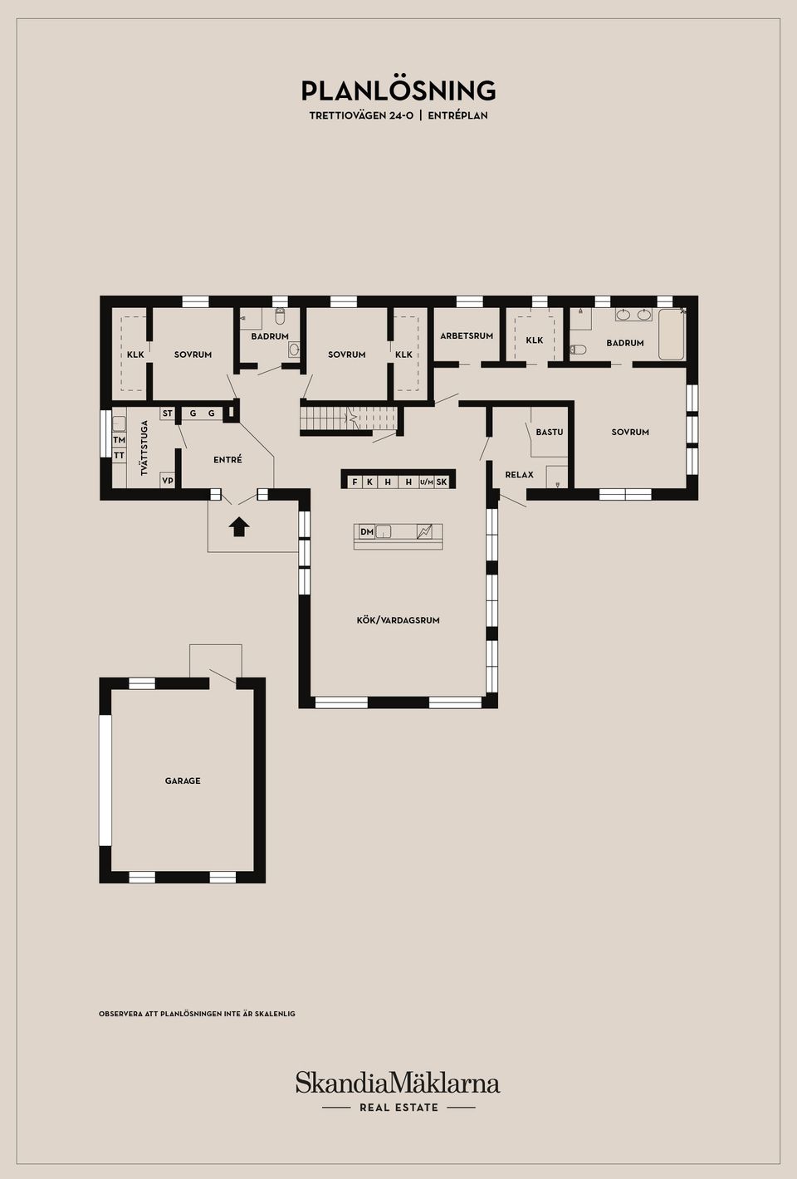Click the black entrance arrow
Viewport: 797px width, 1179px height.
[x=239, y=526]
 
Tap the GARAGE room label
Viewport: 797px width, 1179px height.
[x=183, y=780]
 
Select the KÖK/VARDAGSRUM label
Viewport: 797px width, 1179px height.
[x=398, y=620]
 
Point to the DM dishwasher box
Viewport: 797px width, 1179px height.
[x=367, y=531]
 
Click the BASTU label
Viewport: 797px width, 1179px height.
[x=549, y=432]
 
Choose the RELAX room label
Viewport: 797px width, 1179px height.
[x=519, y=474]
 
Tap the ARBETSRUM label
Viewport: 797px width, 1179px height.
[x=467, y=335]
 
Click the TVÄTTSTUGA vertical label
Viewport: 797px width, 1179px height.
[x=144, y=448]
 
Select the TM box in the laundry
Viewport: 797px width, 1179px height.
[x=119, y=439]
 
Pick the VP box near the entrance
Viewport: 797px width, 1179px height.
[x=168, y=480]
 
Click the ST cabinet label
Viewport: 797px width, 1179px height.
[x=168, y=413]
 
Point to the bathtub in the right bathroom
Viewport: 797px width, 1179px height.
[x=671, y=335]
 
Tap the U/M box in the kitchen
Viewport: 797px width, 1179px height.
[x=427, y=482]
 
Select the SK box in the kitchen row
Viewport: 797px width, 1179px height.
[x=441, y=482]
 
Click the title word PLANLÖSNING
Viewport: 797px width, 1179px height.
[x=398, y=91]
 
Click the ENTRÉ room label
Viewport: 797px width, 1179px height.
[x=227, y=459]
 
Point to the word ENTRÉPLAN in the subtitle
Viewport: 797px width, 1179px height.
[x=457, y=115]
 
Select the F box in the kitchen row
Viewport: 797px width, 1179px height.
[x=354, y=482]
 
